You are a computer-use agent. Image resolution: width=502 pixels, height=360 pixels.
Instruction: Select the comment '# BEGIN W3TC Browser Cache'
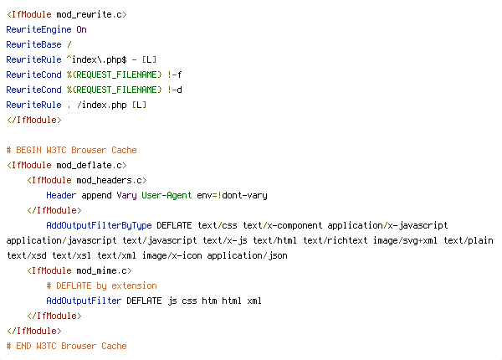pyautogui.click(x=71, y=150)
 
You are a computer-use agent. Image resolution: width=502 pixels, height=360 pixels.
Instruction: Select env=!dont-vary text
pyautogui.click(x=230, y=195)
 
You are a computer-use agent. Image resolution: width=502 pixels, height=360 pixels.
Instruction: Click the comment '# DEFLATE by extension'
pyautogui.click(x=101, y=285)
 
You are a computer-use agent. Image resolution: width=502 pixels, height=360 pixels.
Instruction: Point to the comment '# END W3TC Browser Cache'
pyautogui.click(x=66, y=346)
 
